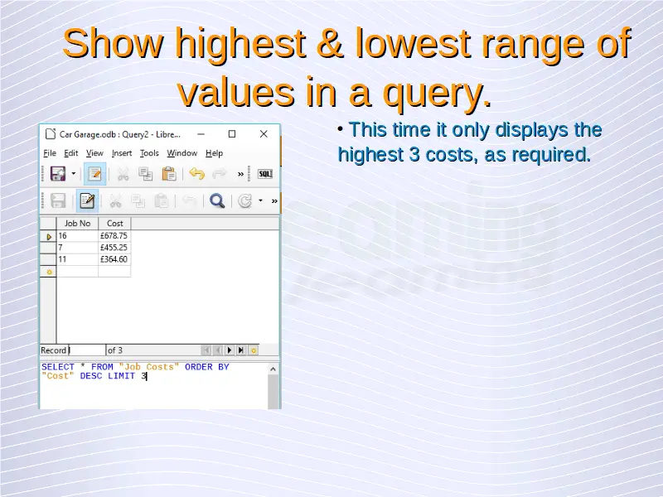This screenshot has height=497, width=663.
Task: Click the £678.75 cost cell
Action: (114, 236)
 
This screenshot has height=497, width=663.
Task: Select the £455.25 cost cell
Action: (114, 248)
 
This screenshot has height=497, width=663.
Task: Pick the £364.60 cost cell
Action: (114, 259)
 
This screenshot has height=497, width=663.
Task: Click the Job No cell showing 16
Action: (77, 236)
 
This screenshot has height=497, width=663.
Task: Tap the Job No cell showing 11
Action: (77, 259)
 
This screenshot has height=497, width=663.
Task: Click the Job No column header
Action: (77, 224)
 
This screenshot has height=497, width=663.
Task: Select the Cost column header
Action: (114, 224)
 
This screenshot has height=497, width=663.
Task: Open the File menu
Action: (50, 153)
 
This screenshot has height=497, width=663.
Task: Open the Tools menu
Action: (149, 153)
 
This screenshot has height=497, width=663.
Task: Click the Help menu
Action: (214, 153)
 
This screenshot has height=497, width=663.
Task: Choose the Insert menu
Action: (122, 153)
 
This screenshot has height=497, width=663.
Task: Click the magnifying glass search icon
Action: (217, 200)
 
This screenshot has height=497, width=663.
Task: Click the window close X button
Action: (264, 134)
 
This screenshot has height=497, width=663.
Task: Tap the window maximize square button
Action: (232, 134)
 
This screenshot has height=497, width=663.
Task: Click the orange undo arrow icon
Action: (196, 174)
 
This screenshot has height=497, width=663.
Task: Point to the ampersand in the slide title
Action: (329, 43)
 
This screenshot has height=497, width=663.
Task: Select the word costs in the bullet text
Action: (450, 155)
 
